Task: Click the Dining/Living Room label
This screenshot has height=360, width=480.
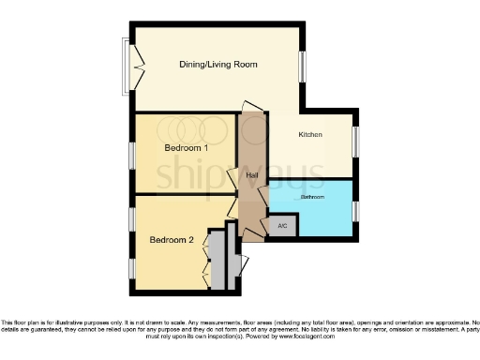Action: [217, 65]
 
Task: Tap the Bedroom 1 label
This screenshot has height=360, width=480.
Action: [186, 148]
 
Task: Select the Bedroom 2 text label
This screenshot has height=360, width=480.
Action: [172, 240]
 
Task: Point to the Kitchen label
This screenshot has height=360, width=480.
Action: [310, 135]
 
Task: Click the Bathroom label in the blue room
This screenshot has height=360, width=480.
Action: [312, 198]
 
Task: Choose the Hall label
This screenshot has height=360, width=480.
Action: [252, 175]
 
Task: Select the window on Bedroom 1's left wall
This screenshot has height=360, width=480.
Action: [132, 154]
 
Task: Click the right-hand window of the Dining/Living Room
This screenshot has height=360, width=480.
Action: [303, 66]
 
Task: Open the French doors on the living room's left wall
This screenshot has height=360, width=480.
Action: [131, 66]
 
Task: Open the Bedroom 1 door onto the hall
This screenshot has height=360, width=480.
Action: [233, 177]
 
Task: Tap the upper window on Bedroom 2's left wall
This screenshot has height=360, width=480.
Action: [132, 219]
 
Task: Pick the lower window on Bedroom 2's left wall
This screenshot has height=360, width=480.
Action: [132, 266]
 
